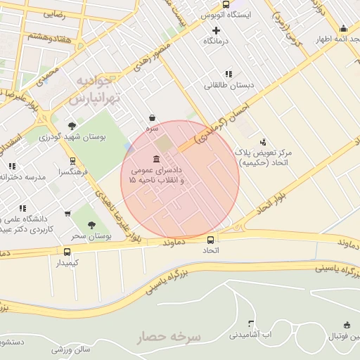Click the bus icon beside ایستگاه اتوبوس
click(x=226, y=4)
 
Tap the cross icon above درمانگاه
click(x=216, y=30)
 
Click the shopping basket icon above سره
click(x=152, y=118)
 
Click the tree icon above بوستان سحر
click(x=91, y=225)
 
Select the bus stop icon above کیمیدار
click(x=67, y=252)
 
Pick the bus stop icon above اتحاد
click(x=210, y=239)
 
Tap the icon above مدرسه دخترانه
click(x=11, y=166)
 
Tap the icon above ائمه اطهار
click(x=343, y=29)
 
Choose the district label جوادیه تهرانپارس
click(x=96, y=90)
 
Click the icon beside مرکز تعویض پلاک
click(x=264, y=141)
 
